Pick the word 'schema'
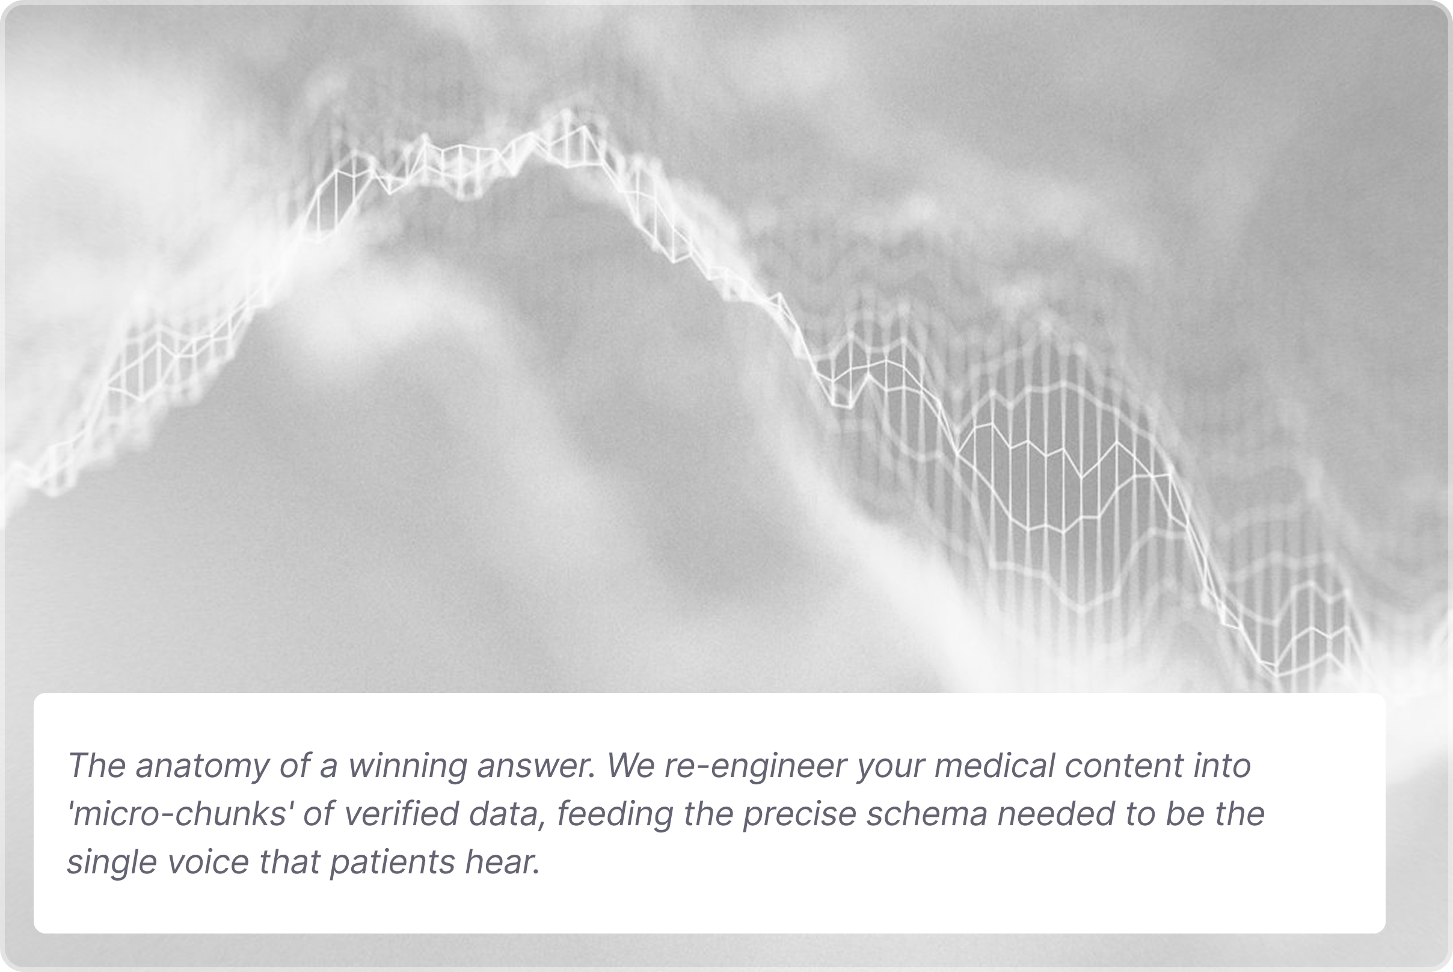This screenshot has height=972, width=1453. (927, 814)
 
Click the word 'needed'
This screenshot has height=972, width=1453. (1056, 814)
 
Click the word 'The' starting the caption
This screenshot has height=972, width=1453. (97, 766)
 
